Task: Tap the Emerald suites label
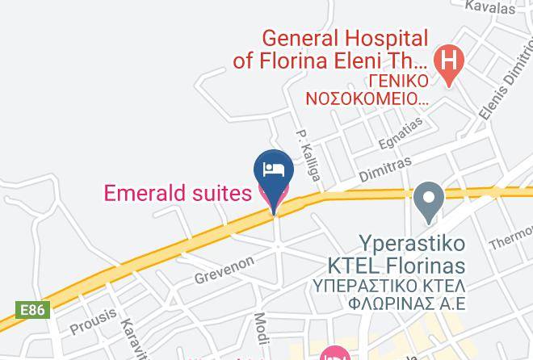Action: (x=178, y=194)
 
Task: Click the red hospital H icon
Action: (x=447, y=59)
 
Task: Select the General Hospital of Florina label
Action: (x=330, y=49)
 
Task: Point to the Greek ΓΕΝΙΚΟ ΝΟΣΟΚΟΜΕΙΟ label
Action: (x=367, y=90)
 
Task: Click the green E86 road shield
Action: (x=33, y=310)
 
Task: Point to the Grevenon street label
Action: (x=224, y=270)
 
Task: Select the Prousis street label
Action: (x=94, y=321)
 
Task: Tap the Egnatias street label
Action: (x=401, y=133)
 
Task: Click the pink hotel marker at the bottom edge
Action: (x=334, y=354)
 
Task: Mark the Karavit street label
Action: (x=132, y=335)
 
